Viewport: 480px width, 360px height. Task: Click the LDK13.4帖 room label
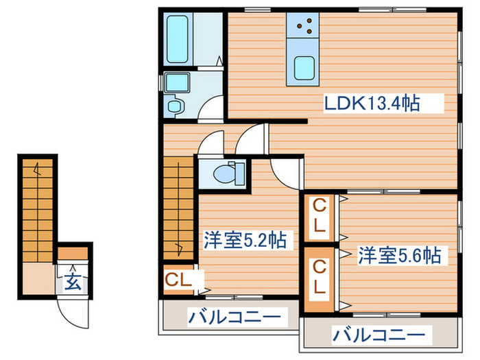coord(371,104)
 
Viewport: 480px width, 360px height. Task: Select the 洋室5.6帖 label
coord(398,256)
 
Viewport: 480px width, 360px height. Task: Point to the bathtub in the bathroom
coord(179,37)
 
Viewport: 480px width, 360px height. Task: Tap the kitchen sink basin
coord(304,67)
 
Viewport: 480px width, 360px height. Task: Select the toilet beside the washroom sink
coord(173,106)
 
